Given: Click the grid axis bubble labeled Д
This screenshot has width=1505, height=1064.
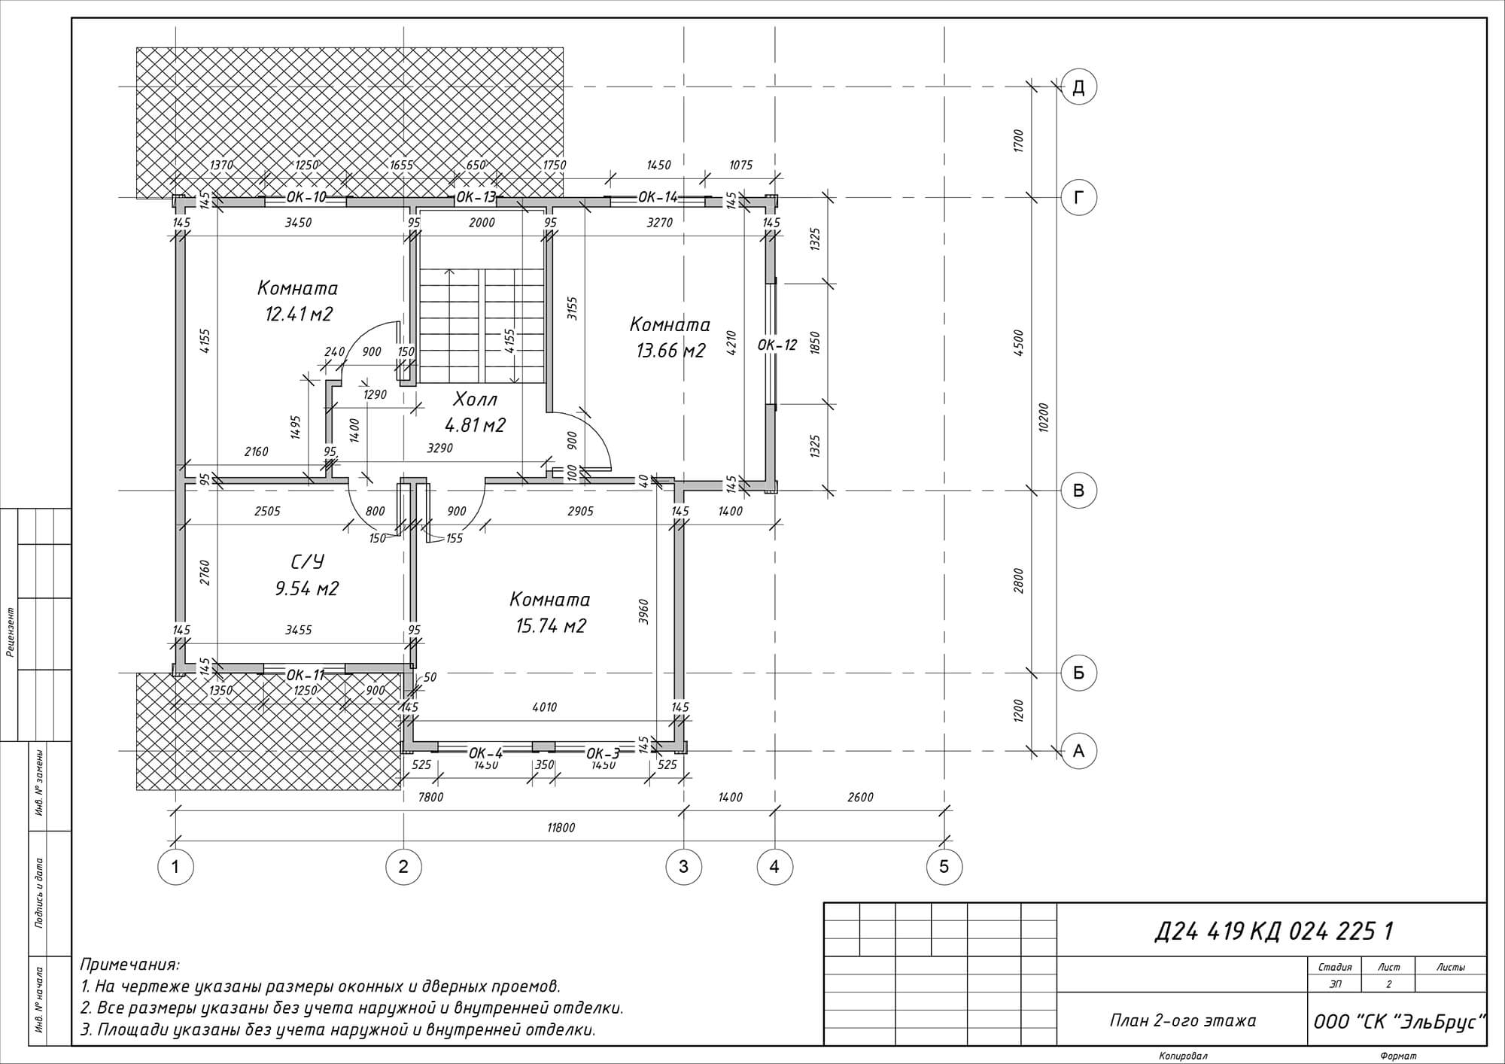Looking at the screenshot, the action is click(1078, 87).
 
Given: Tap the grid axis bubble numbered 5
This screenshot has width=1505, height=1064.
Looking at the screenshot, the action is click(944, 866).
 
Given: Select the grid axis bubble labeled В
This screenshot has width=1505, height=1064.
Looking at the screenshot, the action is click(1078, 491).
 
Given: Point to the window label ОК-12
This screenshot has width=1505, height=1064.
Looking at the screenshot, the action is click(777, 345).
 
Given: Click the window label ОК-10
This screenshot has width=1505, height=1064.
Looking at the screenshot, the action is click(306, 197).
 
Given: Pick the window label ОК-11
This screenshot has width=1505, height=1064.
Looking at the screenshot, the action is click(306, 674).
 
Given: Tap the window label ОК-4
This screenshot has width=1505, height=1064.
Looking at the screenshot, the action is click(485, 753).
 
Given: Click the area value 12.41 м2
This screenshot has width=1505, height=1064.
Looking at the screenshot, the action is click(299, 314).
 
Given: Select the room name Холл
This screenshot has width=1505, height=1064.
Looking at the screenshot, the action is click(475, 399).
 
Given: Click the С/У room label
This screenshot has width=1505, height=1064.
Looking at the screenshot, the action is click(307, 562).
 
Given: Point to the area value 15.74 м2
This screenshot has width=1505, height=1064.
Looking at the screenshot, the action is click(551, 626).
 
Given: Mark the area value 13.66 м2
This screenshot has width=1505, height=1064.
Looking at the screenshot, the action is click(670, 351).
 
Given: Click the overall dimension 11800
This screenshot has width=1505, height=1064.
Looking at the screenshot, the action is click(561, 828).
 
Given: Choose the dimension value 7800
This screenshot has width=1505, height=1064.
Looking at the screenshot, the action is click(431, 797).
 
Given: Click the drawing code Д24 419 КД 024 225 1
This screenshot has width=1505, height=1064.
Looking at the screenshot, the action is click(1273, 932).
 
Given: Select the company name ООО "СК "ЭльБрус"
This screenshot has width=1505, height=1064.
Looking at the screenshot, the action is click(1399, 1022).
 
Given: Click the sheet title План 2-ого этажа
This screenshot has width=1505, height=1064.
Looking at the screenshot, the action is click(1183, 1021).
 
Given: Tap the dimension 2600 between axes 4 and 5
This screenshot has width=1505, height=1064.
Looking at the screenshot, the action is click(860, 797).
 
